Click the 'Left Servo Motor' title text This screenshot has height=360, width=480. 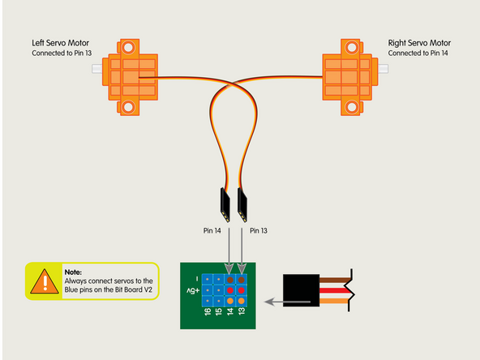click(x=62, y=43)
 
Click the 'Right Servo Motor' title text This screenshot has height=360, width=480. click(x=419, y=43)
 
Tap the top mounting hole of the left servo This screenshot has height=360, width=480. click(x=129, y=47)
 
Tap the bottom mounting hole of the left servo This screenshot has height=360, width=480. click(x=129, y=105)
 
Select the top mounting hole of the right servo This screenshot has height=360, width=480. click(x=351, y=48)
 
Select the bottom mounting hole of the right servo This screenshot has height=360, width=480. click(x=351, y=105)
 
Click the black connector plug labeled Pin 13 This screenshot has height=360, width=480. click(x=242, y=204)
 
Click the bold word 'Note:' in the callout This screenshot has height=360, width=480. click(x=73, y=272)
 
